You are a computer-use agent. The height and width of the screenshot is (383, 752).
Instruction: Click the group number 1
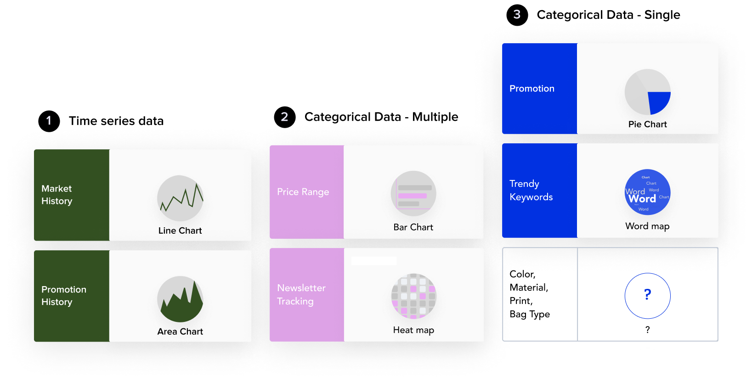[49, 120]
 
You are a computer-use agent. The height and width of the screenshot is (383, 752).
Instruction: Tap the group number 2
[284, 117]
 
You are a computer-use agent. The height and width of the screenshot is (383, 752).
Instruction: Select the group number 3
[517, 14]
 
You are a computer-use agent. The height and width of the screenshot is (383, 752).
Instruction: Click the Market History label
[57, 195]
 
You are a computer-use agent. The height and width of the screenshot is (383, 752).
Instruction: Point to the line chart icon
[180, 198]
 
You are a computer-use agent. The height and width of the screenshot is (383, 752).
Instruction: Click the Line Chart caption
[180, 231]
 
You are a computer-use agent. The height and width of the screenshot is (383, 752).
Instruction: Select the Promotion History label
[64, 296]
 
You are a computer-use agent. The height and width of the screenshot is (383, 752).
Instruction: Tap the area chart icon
[180, 299]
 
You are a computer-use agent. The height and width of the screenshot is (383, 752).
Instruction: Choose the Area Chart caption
[180, 332]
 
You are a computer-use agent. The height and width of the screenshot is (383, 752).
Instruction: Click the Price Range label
[303, 192]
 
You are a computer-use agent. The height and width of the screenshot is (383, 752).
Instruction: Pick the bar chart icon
[413, 193]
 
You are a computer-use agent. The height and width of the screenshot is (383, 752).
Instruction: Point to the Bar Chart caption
[413, 227]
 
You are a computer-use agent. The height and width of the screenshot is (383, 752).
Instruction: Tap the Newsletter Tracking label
[301, 294]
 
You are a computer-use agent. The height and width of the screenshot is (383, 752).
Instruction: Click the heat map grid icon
[413, 296]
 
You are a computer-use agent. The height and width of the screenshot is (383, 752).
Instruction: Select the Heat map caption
[413, 330]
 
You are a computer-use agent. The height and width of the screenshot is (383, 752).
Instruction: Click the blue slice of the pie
[657, 101]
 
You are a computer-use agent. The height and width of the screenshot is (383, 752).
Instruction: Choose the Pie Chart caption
[648, 124]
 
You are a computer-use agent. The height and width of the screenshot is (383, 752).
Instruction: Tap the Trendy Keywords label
[531, 190]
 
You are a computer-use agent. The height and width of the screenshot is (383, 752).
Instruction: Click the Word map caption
[648, 226]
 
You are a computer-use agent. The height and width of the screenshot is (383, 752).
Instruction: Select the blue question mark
[648, 294]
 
